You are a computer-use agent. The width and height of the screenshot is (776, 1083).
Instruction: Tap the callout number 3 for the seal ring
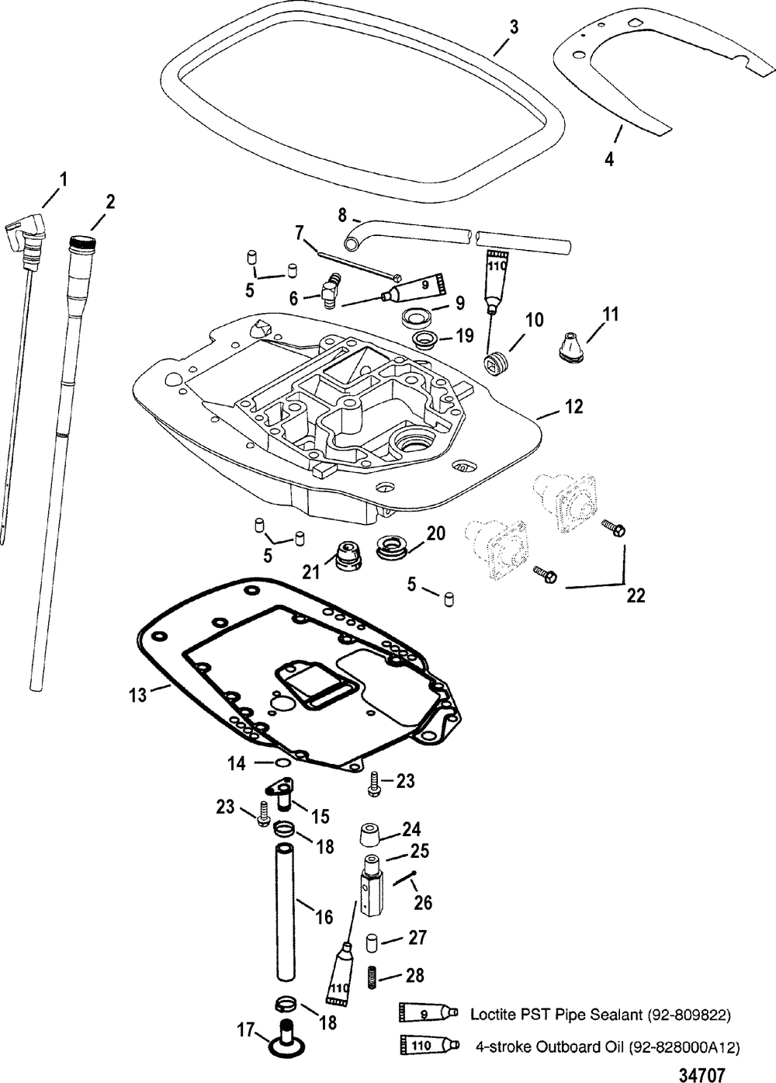pyautogui.click(x=514, y=27)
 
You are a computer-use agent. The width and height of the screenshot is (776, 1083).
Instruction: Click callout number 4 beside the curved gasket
pyautogui.click(x=610, y=158)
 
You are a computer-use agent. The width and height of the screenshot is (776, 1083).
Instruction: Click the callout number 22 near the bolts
pyautogui.click(x=636, y=595)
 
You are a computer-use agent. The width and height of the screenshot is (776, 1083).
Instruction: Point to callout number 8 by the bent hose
pyautogui.click(x=342, y=216)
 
